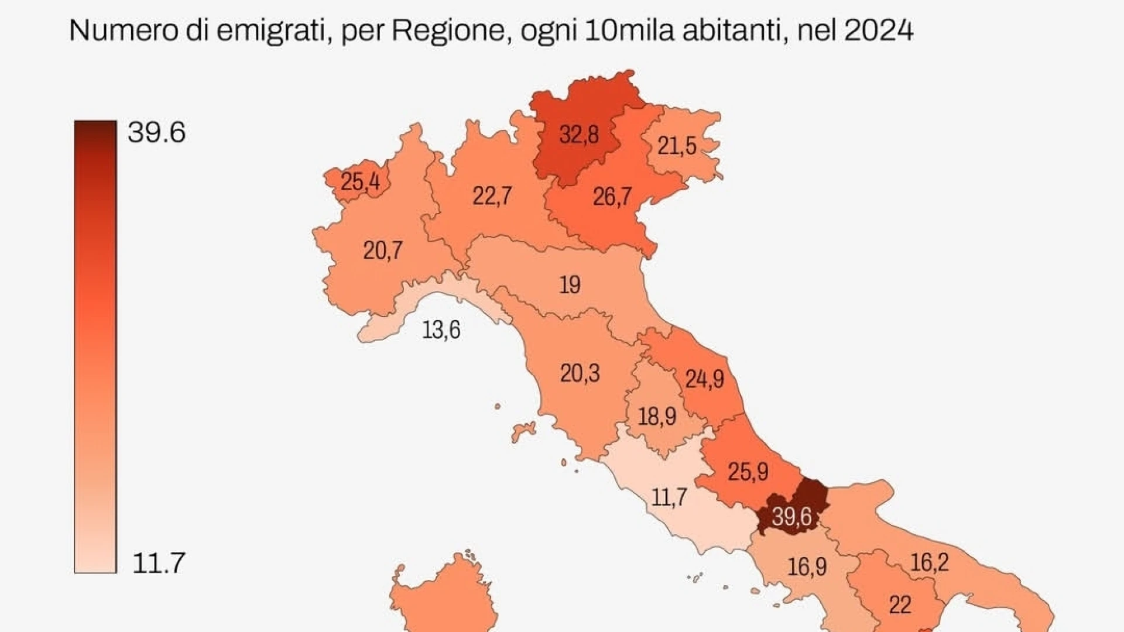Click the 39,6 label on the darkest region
(791, 517)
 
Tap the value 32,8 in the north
(578, 135)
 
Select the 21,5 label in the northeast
(677, 146)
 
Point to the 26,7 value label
(612, 197)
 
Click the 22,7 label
(492, 195)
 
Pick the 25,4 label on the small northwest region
(360, 181)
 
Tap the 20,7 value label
(382, 250)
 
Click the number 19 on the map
(570, 285)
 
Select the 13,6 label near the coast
(441, 330)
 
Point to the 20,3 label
(580, 373)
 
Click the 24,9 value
(704, 379)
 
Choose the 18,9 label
(657, 417)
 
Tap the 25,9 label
(748, 472)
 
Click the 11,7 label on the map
(669, 497)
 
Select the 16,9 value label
(807, 566)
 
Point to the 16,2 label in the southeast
(929, 562)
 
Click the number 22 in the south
(900, 605)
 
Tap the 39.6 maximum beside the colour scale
(156, 132)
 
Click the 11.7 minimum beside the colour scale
(159, 563)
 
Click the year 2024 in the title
(878, 30)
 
